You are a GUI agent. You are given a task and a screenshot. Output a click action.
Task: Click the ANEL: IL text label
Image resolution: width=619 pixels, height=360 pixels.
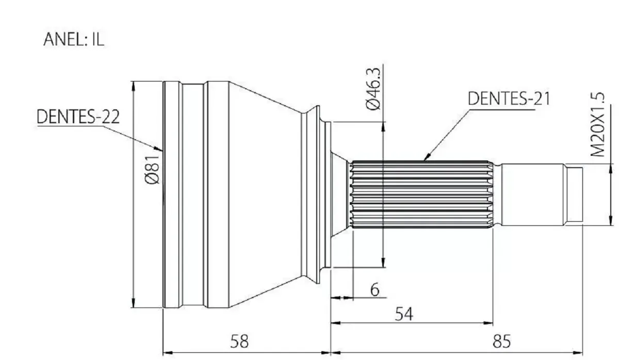(74, 40)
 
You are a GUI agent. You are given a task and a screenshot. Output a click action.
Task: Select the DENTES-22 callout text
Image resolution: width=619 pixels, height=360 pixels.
(78, 117)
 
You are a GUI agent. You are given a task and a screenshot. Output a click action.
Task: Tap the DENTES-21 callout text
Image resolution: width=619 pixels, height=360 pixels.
(509, 99)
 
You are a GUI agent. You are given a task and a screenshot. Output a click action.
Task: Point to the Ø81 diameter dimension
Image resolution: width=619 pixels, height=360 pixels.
(152, 169)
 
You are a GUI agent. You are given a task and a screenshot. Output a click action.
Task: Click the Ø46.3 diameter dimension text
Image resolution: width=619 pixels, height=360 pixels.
(373, 89)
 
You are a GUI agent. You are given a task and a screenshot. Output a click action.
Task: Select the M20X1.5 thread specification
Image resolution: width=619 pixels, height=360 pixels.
(597, 124)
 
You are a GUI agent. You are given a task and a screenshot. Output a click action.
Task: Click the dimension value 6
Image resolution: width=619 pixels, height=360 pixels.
(374, 289)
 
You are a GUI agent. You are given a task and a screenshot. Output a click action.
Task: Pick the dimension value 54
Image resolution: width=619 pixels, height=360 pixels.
(404, 314)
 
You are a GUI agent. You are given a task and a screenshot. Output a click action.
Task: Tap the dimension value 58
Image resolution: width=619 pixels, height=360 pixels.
(239, 341)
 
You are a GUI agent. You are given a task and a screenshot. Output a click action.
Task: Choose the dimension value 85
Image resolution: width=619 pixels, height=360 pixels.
(501, 341)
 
